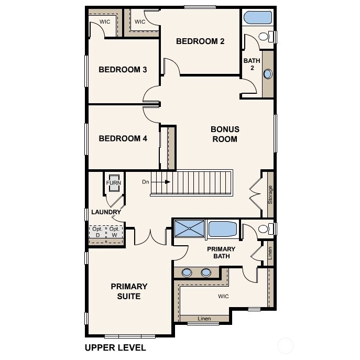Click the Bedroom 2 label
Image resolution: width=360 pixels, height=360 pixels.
point(200,41)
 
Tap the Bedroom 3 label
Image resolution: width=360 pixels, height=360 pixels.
point(123,70)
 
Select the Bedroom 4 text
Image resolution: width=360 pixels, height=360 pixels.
point(123,139)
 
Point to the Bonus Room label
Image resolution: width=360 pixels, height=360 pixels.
point(224,134)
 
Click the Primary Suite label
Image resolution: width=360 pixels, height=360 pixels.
point(129,291)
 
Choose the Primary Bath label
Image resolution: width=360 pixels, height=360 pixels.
point(221,253)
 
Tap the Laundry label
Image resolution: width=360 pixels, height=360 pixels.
point(106,212)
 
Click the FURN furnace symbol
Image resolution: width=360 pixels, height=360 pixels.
point(114,183)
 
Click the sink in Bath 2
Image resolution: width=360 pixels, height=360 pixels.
point(267,74)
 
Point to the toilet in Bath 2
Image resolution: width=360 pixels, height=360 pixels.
point(268,37)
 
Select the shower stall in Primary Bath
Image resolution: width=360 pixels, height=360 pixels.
point(190,228)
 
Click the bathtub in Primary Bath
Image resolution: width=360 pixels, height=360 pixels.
point(223,229)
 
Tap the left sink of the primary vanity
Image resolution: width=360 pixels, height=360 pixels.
point(187,272)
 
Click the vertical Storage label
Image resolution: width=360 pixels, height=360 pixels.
point(270,194)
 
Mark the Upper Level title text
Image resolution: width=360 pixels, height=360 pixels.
point(115,347)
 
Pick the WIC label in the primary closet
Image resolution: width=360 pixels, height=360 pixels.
point(224,297)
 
